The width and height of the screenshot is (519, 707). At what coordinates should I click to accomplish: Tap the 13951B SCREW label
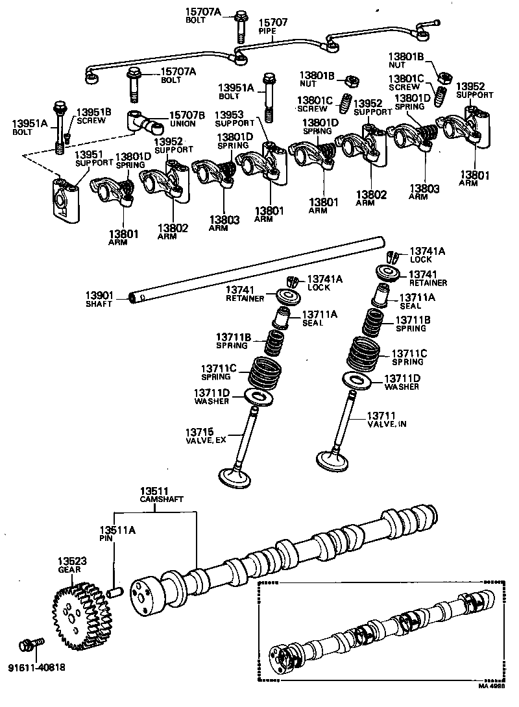(x=95, y=116)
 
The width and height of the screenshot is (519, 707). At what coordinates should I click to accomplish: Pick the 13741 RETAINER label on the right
(x=428, y=278)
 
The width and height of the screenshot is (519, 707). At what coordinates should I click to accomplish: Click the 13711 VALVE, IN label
(x=387, y=420)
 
